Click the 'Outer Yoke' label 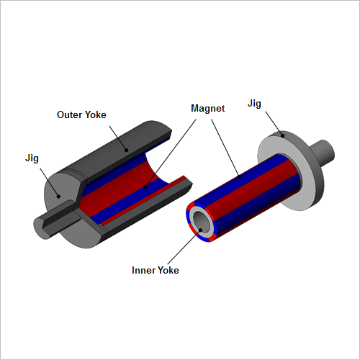[81, 114]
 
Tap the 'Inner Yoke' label [156, 270]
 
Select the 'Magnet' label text [208, 109]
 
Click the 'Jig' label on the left [32, 158]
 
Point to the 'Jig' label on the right [254, 104]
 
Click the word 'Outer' [69, 114]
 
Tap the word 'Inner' [143, 270]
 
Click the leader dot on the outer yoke [126, 150]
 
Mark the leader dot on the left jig [58, 197]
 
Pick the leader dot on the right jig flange [283, 136]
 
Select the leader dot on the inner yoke [201, 230]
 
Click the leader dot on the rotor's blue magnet [239, 177]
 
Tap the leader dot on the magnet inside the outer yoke [145, 187]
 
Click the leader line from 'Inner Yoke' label [184, 247]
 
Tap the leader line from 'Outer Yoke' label [117, 138]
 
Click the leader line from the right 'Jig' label [274, 123]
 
